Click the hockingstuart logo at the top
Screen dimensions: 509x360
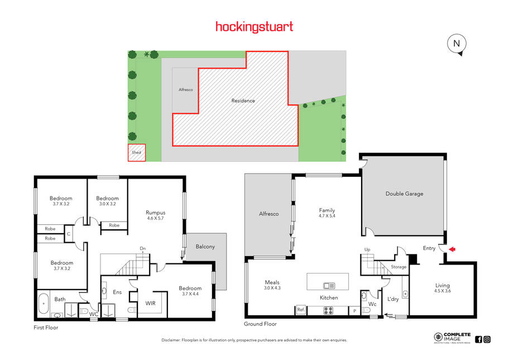(254, 27)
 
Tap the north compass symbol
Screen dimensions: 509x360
(457, 44)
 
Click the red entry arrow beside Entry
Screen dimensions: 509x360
(452, 249)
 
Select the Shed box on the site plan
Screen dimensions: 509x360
(137, 152)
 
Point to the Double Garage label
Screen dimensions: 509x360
(404, 194)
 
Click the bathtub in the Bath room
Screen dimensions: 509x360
(44, 304)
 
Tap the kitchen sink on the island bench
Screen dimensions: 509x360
(329, 286)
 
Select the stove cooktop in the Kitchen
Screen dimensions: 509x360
(328, 311)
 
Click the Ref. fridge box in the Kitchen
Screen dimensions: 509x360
(301, 310)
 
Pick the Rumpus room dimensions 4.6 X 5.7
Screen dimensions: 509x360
(156, 218)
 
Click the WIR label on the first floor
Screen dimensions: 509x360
(150, 303)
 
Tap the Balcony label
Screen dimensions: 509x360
(205, 247)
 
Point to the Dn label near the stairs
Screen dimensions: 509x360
(143, 249)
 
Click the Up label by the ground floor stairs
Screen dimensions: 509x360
(367, 249)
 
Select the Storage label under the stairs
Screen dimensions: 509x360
(398, 267)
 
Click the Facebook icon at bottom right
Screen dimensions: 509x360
(478, 339)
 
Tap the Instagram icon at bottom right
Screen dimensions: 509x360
(487, 339)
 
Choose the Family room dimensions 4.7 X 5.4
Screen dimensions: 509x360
(327, 216)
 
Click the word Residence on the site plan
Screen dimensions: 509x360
(243, 100)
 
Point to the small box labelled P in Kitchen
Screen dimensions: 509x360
(354, 311)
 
